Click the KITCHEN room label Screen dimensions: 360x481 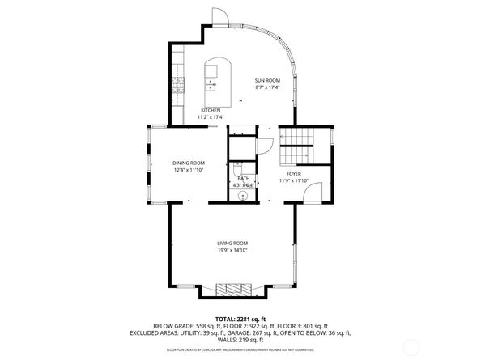click(x=211, y=110)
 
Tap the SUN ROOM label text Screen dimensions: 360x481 click(x=266, y=80)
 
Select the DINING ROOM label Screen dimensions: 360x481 click(x=188, y=163)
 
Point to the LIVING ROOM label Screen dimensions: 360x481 click(x=232, y=244)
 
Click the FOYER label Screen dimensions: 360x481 click(x=293, y=174)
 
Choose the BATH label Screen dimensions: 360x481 click(x=243, y=179)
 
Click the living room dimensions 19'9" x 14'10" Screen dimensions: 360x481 click(x=232, y=251)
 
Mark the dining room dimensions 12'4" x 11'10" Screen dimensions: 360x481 click(x=188, y=170)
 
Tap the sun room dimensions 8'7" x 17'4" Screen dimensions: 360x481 click(x=266, y=87)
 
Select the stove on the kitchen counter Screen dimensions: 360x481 click(x=178, y=83)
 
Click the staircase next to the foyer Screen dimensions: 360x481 click(x=295, y=146)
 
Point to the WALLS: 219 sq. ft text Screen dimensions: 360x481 click(x=240, y=341)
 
